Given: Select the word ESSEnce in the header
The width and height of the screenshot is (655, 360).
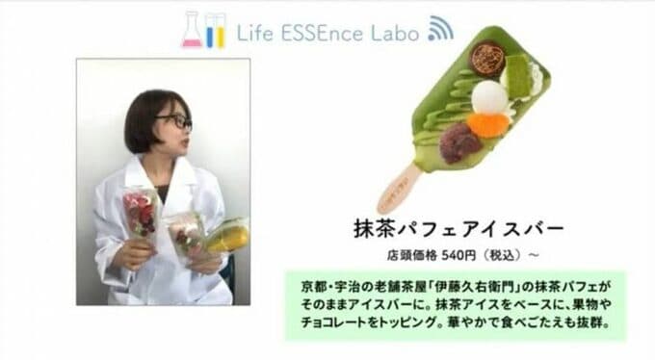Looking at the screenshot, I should (324, 32).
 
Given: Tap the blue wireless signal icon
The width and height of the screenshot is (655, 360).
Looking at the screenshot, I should (439, 29).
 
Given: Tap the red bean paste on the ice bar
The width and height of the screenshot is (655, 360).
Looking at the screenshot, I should (461, 142).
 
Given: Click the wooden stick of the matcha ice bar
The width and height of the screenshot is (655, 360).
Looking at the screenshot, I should (399, 188).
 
